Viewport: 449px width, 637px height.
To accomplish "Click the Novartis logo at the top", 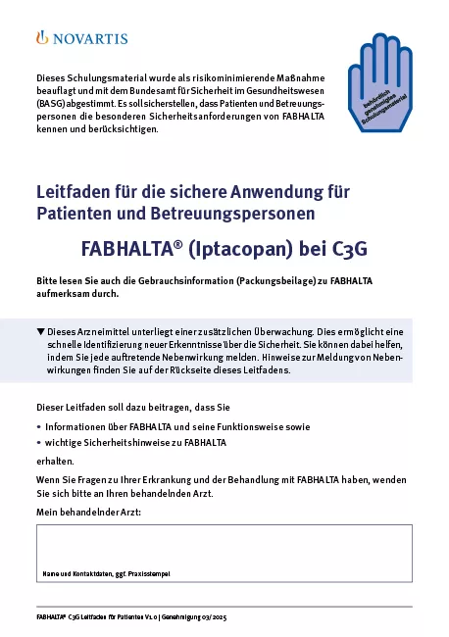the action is [x=81, y=38].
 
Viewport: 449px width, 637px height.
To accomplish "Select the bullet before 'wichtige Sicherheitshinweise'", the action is [x=38, y=443].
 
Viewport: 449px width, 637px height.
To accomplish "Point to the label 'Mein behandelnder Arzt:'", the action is [x=88, y=513].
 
